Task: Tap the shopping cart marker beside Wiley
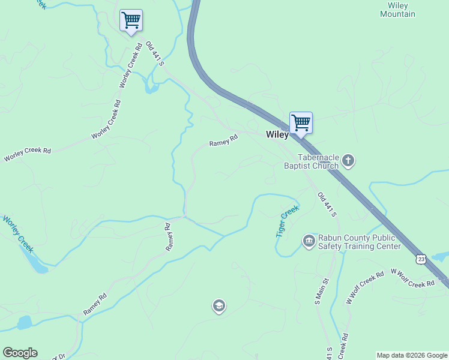[301, 123]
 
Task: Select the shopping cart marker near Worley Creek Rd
[131, 20]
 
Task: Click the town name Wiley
[277, 135]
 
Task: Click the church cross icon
[348, 161]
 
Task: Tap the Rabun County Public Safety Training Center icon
[309, 241]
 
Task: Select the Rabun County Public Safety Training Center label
[359, 242]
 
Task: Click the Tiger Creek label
[287, 221]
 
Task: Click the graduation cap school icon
[218, 307]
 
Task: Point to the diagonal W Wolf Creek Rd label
[365, 288]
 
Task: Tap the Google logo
[20, 353]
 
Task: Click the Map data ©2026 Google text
[412, 355]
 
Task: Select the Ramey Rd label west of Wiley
[223, 140]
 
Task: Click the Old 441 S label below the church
[327, 205]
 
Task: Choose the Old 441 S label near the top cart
[155, 53]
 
